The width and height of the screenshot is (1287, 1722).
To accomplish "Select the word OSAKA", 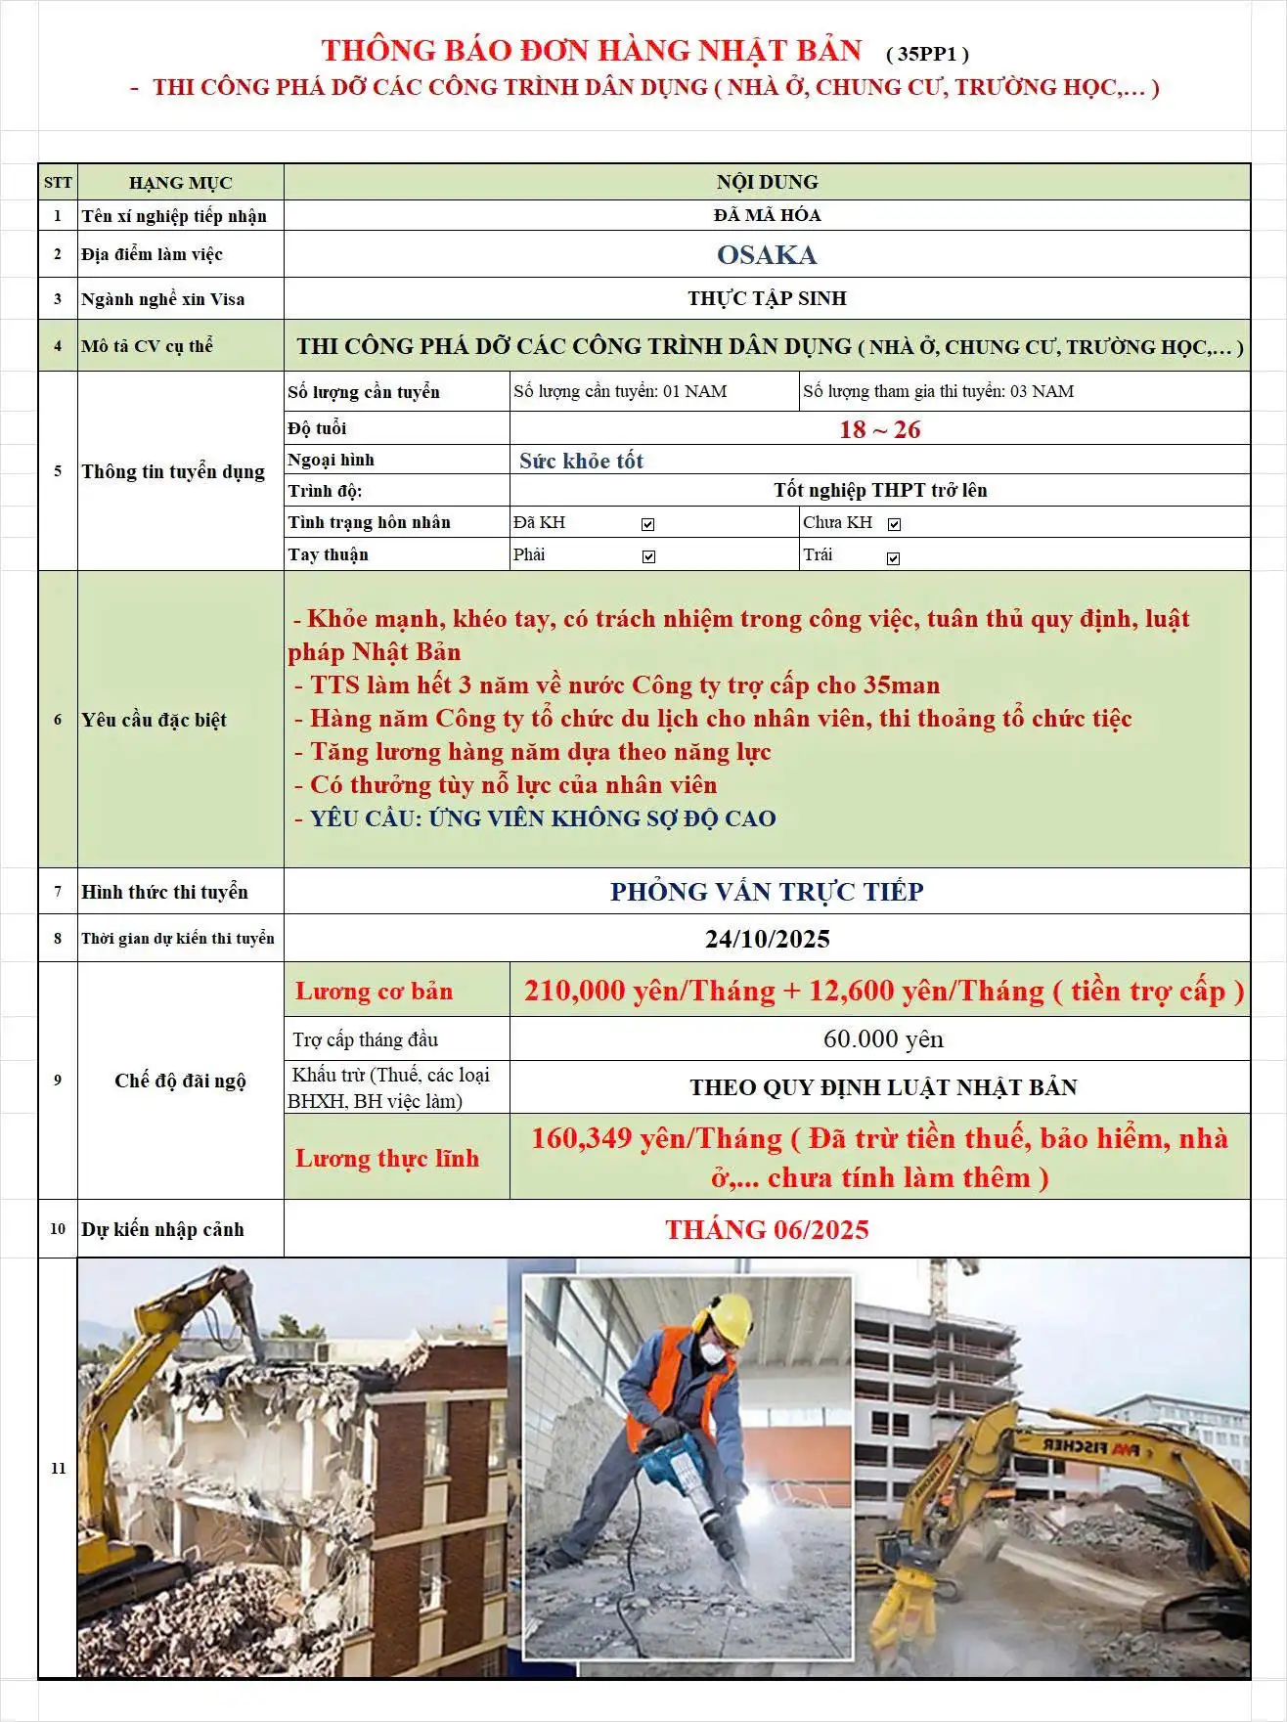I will click(767, 255).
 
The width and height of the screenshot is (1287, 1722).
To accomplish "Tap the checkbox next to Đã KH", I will click(647, 525).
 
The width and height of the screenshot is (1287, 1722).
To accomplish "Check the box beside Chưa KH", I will click(894, 525).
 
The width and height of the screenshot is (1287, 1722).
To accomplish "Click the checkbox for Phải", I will click(648, 557).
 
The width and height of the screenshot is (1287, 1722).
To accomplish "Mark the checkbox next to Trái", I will click(893, 558).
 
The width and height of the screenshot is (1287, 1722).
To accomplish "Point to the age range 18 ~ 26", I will click(879, 429).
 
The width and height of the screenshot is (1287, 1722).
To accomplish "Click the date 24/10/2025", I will click(767, 940).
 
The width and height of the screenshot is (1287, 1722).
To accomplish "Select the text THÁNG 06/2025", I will click(767, 1230).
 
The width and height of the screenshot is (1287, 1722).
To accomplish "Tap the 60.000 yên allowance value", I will click(883, 1039).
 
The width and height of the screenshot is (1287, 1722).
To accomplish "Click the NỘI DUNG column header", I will click(767, 183).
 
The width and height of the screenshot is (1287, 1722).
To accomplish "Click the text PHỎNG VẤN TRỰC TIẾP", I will click(767, 892).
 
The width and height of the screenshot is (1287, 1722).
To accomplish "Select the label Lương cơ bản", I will click(375, 992).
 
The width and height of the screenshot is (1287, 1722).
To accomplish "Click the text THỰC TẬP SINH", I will click(767, 299).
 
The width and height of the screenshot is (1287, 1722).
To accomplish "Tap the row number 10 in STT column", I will click(58, 1229).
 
